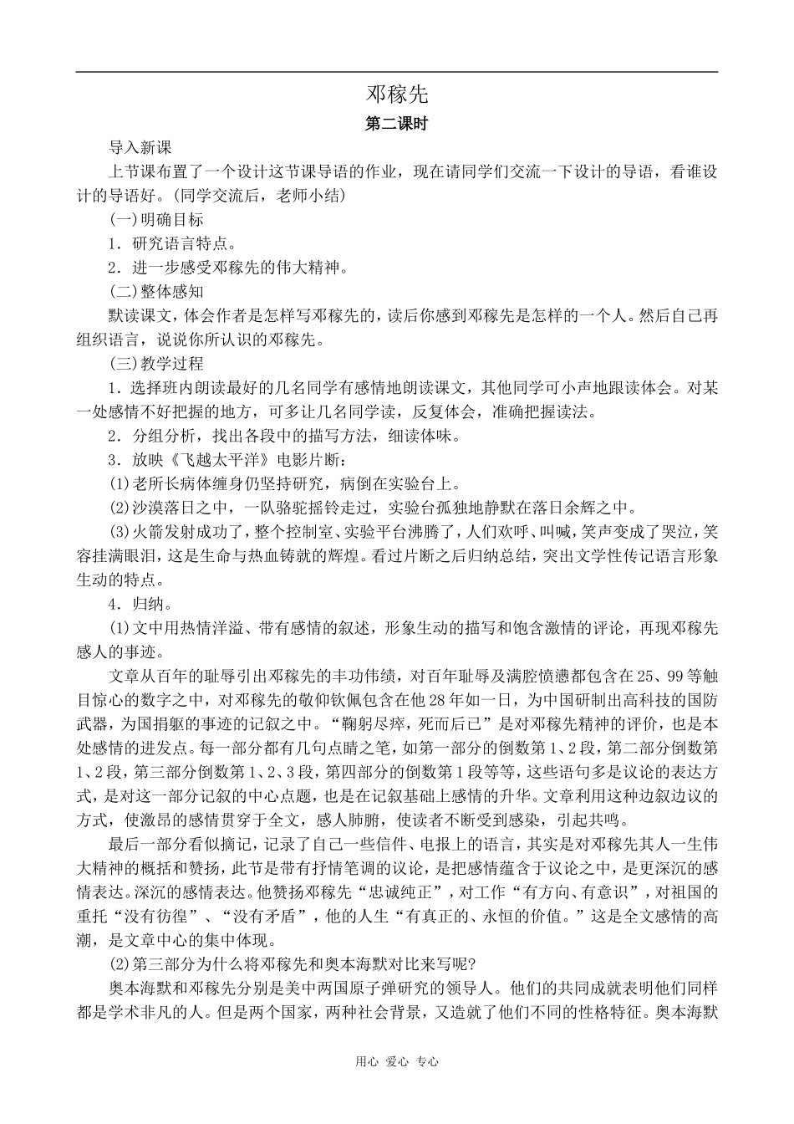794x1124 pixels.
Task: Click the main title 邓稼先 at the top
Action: pos(397,93)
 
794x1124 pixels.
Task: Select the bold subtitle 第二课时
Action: pos(397,124)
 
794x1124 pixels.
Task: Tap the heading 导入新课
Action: pos(140,148)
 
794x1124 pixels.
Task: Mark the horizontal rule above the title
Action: pos(397,72)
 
